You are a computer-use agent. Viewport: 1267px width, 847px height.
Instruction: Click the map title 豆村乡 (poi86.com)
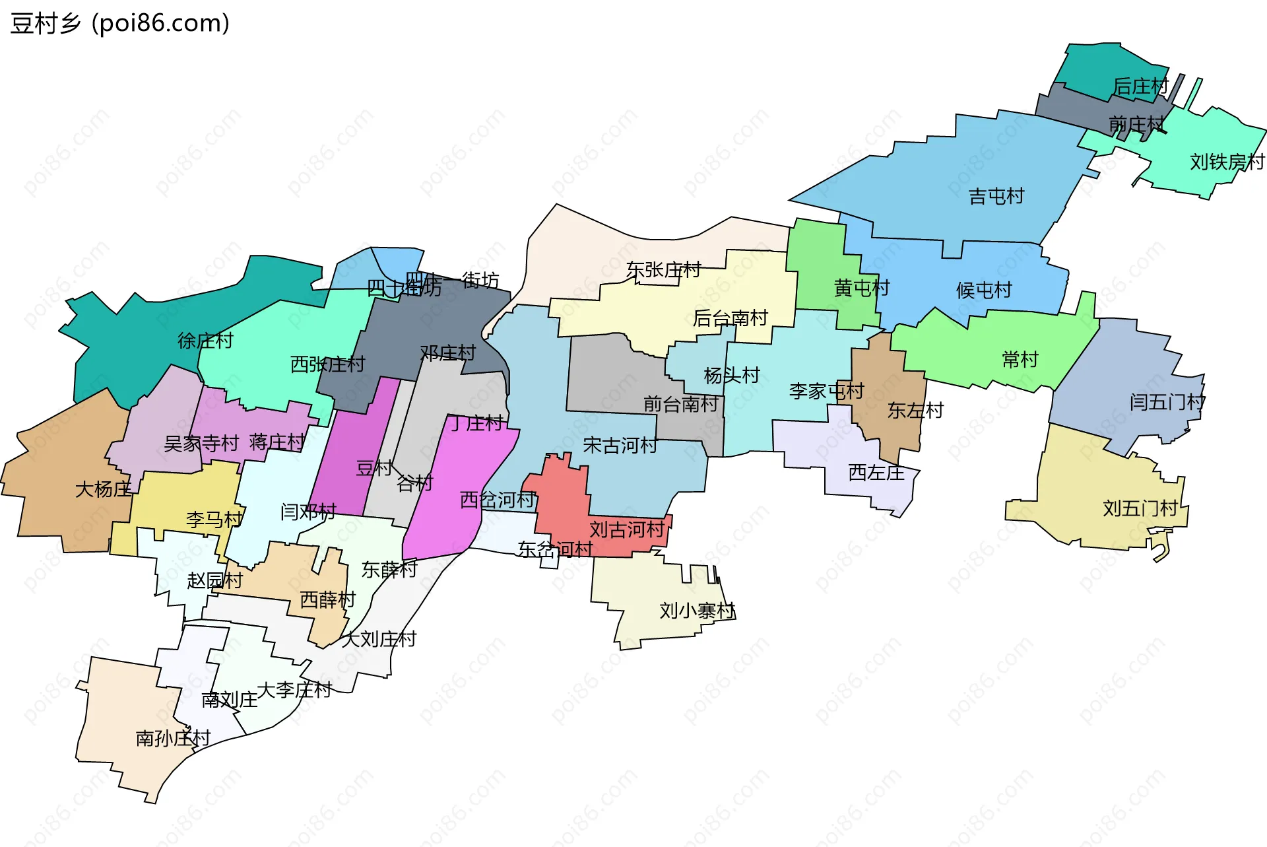pos(119,23)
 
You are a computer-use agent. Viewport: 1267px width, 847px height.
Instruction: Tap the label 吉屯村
pos(996,196)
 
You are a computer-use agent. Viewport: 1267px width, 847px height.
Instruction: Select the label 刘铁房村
pos(1227,162)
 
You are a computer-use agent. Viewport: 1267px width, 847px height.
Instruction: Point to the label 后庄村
pos(1140,86)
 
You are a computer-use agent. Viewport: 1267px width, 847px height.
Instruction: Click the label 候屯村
pos(983,290)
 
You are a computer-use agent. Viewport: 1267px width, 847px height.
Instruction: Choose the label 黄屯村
pos(861,288)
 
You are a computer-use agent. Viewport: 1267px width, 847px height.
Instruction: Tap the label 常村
pos(1020,359)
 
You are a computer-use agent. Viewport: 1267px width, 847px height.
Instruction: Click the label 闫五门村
pos(1167,401)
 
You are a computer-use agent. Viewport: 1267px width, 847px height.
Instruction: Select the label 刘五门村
pos(1140,508)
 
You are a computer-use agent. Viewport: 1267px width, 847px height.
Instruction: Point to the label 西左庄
pos(876,473)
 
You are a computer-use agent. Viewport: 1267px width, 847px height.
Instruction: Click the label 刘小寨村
pos(697,611)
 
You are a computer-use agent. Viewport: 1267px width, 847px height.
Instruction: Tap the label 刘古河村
pos(626,529)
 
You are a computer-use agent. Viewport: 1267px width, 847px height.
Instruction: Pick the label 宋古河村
pos(620,446)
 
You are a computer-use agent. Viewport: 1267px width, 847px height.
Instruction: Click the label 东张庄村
pos(663,270)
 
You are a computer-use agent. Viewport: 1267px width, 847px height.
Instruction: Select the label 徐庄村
pos(205,341)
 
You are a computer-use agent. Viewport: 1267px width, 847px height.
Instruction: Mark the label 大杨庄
pos(103,489)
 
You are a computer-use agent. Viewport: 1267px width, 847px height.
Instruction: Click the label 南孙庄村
pos(173,738)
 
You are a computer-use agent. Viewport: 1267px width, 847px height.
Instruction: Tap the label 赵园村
pos(214,580)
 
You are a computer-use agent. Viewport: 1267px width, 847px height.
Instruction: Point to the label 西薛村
pos(327,599)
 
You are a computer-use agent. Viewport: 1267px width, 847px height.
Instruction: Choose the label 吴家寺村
pos(201,443)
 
